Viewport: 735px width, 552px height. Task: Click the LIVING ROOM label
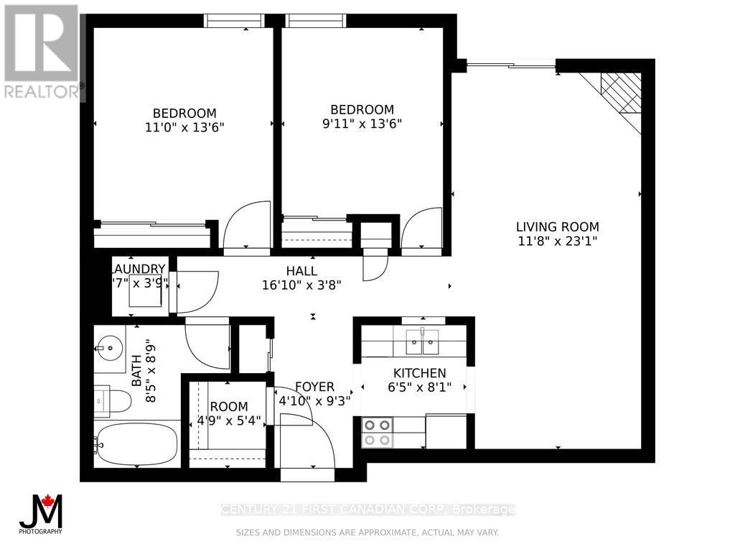pos(557,226)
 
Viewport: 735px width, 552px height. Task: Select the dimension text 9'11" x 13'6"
pos(362,123)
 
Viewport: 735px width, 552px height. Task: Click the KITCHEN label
pos(419,373)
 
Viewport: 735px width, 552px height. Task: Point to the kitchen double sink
pos(421,343)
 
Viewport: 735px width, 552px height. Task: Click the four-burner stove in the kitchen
pos(378,433)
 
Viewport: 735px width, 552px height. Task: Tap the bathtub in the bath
pos(136,443)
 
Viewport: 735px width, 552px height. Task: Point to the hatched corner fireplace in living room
pos(622,93)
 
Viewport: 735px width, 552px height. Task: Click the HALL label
pos(301,270)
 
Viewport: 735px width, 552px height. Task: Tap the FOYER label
pos(314,387)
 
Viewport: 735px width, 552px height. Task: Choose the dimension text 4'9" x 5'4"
pos(229,420)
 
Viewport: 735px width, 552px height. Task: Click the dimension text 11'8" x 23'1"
pos(557,241)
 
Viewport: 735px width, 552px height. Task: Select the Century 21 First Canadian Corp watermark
pos(367,510)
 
